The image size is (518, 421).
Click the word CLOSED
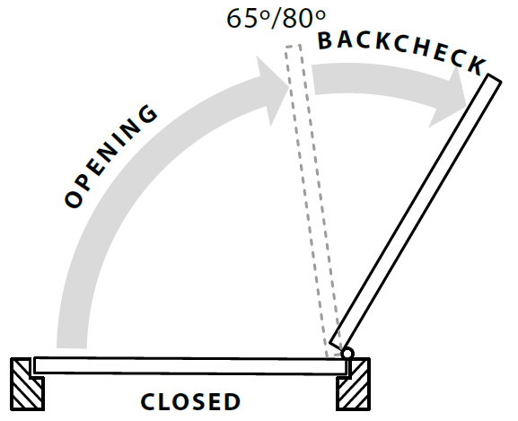190,401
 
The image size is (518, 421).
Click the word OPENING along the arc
110,156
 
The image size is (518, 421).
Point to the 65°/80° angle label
276,18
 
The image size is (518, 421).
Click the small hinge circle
347,354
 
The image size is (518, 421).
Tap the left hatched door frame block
27,384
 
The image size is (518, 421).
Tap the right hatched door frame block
353,385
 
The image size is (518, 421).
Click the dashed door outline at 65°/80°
312,200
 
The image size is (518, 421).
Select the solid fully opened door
416,214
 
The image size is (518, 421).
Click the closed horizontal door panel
190,365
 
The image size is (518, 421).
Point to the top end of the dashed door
293,46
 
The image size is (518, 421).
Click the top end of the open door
495,78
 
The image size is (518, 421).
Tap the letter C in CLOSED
147,401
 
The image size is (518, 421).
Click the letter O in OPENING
74,198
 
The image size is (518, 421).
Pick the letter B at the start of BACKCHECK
325,41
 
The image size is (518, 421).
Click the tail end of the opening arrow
72,347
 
